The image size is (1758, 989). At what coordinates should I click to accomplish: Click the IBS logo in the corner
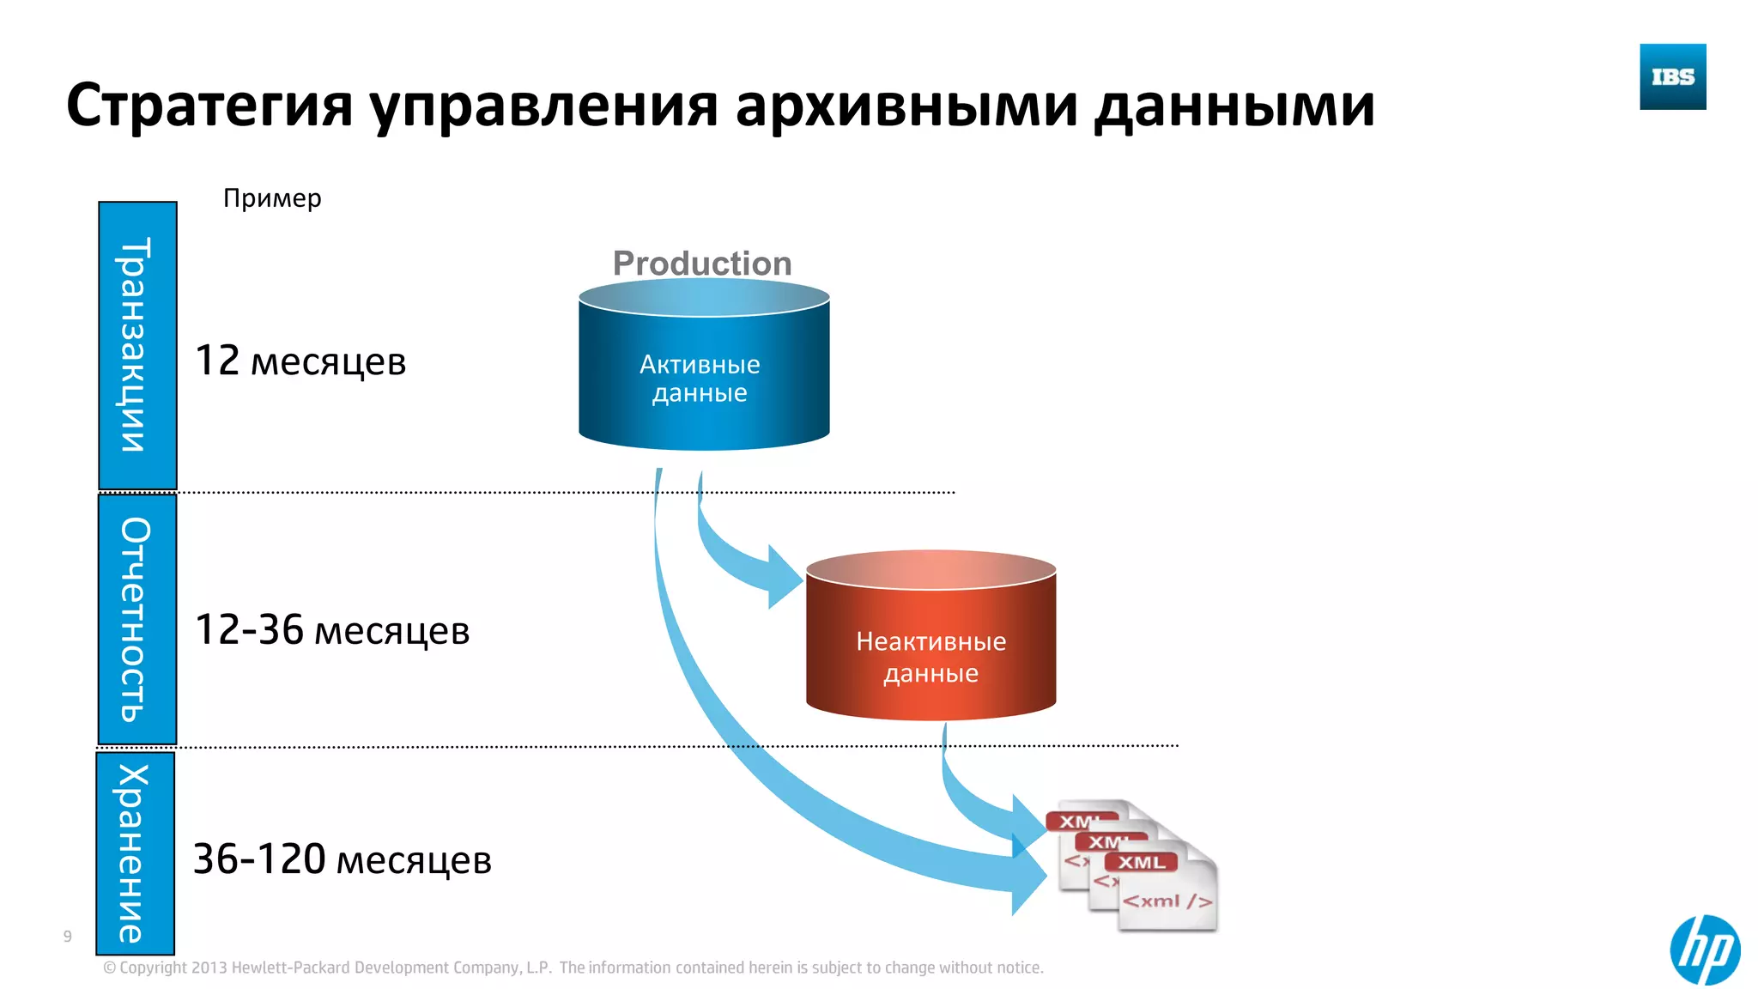coord(1672,76)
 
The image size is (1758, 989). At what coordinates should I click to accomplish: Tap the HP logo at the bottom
coord(1704,950)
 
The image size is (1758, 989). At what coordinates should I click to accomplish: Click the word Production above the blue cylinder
coord(702,264)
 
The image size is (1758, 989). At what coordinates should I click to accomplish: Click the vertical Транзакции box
coord(137,345)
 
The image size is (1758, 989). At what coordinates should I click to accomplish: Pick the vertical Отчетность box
coord(137,619)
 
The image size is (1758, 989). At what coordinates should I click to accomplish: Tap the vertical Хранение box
coord(136,853)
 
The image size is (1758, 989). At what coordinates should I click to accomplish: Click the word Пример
coord(272,198)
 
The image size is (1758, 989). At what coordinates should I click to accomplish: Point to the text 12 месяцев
coord(300,361)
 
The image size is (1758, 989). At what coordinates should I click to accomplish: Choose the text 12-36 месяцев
coord(332,630)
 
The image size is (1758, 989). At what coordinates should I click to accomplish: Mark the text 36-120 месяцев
coord(343,859)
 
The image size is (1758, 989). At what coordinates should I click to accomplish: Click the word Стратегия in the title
coord(209,106)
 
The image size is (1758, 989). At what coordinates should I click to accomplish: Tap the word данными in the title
coord(1234,106)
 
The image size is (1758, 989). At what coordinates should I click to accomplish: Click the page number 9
coord(68,937)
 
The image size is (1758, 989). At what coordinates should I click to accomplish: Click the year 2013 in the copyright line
coord(209,968)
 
